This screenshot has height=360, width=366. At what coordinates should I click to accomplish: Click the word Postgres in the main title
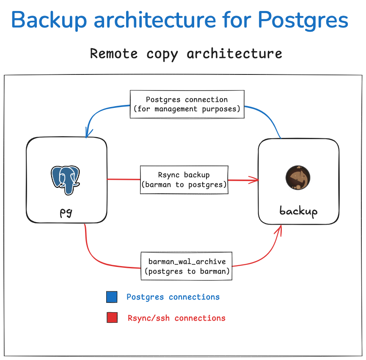click(303, 20)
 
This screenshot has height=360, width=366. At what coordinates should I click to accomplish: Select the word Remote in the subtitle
click(114, 54)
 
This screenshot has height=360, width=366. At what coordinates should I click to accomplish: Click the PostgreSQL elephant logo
click(66, 179)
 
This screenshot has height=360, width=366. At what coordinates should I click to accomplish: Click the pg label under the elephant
click(66, 212)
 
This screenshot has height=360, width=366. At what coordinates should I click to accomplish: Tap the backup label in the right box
click(298, 211)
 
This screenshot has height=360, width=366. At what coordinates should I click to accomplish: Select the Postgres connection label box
click(187, 104)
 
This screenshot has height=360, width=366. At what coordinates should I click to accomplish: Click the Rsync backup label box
click(184, 180)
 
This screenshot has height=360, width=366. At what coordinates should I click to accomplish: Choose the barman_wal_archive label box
click(187, 266)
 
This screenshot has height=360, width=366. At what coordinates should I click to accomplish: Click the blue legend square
click(112, 297)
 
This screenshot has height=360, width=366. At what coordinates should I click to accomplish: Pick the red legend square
click(112, 318)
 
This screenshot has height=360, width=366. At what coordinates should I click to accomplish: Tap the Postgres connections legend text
click(173, 297)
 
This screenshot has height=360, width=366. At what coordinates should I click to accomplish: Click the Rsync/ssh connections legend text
click(176, 318)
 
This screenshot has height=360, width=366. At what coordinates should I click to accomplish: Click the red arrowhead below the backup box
click(279, 229)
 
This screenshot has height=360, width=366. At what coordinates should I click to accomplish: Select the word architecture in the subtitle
click(234, 54)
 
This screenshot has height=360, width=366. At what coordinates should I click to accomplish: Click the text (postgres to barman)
click(187, 271)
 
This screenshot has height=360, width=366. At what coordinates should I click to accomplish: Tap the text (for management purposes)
click(187, 109)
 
